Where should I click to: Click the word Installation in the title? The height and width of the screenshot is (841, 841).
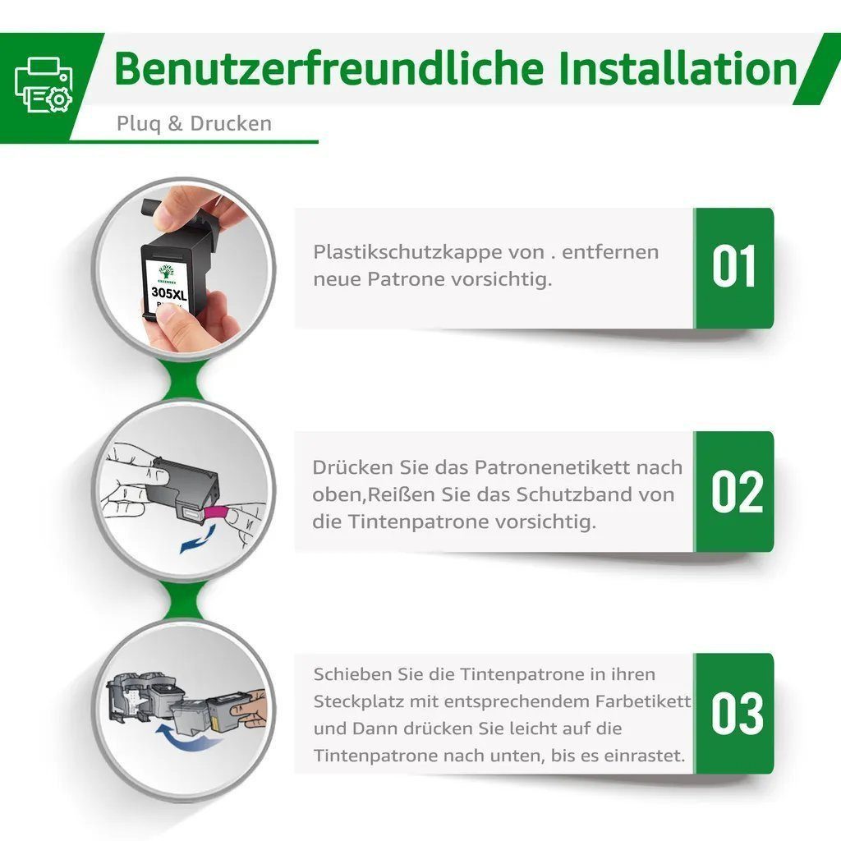[678, 70]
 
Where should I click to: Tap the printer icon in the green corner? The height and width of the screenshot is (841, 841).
[44, 85]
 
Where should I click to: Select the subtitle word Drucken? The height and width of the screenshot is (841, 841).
[231, 124]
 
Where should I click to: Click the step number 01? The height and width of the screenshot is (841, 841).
[733, 268]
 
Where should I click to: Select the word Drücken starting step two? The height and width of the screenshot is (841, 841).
[345, 467]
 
